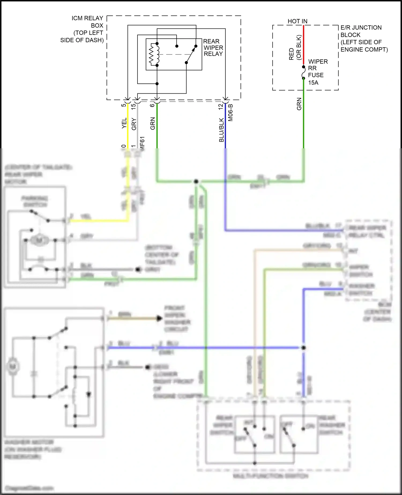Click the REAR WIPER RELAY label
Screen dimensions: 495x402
click(x=213, y=48)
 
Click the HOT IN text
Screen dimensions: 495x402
click(x=297, y=21)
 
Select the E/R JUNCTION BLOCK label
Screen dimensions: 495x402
click(x=364, y=38)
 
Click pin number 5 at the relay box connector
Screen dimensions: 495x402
click(x=124, y=105)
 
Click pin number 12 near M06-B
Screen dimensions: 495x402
click(x=221, y=106)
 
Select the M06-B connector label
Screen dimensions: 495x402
click(x=230, y=113)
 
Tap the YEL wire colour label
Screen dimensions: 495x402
click(x=124, y=123)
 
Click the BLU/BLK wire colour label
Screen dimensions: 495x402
click(x=221, y=130)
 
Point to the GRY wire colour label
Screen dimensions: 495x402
click(x=134, y=124)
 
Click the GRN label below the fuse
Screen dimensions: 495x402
click(x=299, y=104)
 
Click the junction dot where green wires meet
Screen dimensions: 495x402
click(x=196, y=182)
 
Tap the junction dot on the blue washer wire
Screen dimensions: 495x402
click(x=303, y=348)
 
